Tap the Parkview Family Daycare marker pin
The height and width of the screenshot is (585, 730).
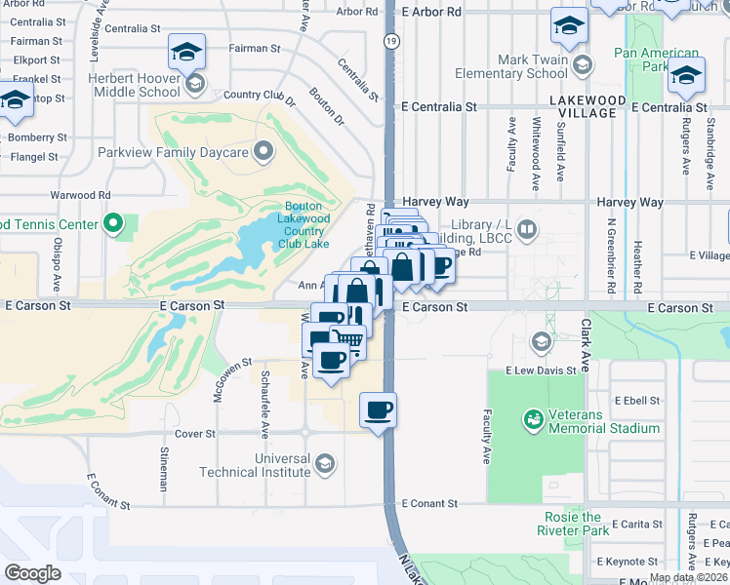[x=263, y=152]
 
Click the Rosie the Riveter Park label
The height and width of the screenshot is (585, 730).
[x=573, y=524]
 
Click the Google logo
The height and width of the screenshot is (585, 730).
[x=32, y=572]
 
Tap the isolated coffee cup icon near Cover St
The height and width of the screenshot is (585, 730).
[x=379, y=409]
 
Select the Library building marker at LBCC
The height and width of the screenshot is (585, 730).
[x=527, y=229]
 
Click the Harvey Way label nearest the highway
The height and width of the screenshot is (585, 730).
[x=436, y=202]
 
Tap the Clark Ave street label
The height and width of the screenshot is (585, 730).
[x=586, y=342]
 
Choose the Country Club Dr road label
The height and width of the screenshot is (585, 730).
[x=259, y=97]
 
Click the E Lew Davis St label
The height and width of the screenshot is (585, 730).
[x=541, y=371]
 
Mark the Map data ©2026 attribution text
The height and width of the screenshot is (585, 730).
[x=688, y=577]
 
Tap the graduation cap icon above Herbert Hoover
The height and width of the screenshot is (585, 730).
[x=186, y=50]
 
